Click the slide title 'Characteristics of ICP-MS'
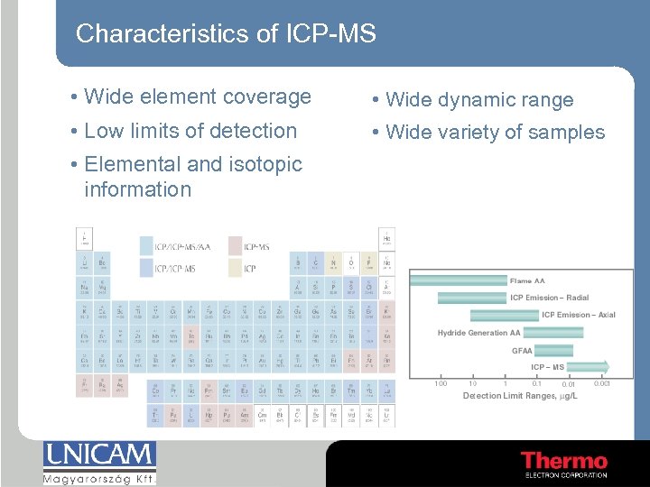pyautogui.click(x=225, y=34)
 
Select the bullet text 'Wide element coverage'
pyautogui.click(x=197, y=96)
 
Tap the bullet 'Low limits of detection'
pyautogui.click(x=190, y=131)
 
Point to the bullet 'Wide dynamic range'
pyautogui.click(x=478, y=100)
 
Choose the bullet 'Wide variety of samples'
pyautogui.click(x=495, y=133)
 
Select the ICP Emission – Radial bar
pyautogui.click(x=472, y=298)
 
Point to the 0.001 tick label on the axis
pyautogui.click(x=601, y=384)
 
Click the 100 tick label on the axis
pyautogui.click(x=440, y=384)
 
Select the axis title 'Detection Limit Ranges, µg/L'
pyautogui.click(x=519, y=396)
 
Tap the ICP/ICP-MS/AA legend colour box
pyautogui.click(x=146, y=244)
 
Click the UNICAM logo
pyautogui.click(x=99, y=460)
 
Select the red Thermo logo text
pyautogui.click(x=563, y=460)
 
